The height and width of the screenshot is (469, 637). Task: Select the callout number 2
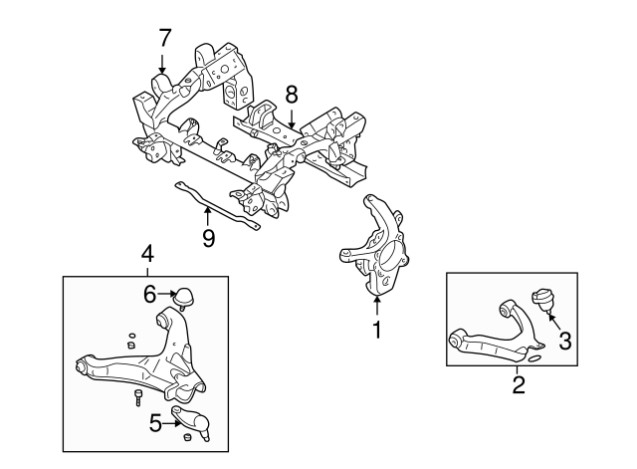point(519,381)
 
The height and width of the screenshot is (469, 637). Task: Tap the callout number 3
point(564,342)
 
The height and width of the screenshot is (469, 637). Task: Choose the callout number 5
point(154,424)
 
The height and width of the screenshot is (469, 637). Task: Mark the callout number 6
point(149,294)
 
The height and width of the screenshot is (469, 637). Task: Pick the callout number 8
point(291,95)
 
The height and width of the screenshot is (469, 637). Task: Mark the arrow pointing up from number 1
point(376,302)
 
